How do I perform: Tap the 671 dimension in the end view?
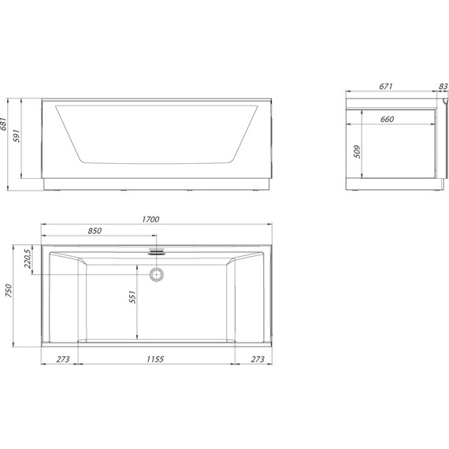[x=385, y=87]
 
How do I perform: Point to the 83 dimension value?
[x=442, y=87]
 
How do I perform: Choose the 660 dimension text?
[x=386, y=119]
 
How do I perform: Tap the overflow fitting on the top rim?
[x=157, y=252]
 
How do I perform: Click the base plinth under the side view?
[x=155, y=185]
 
